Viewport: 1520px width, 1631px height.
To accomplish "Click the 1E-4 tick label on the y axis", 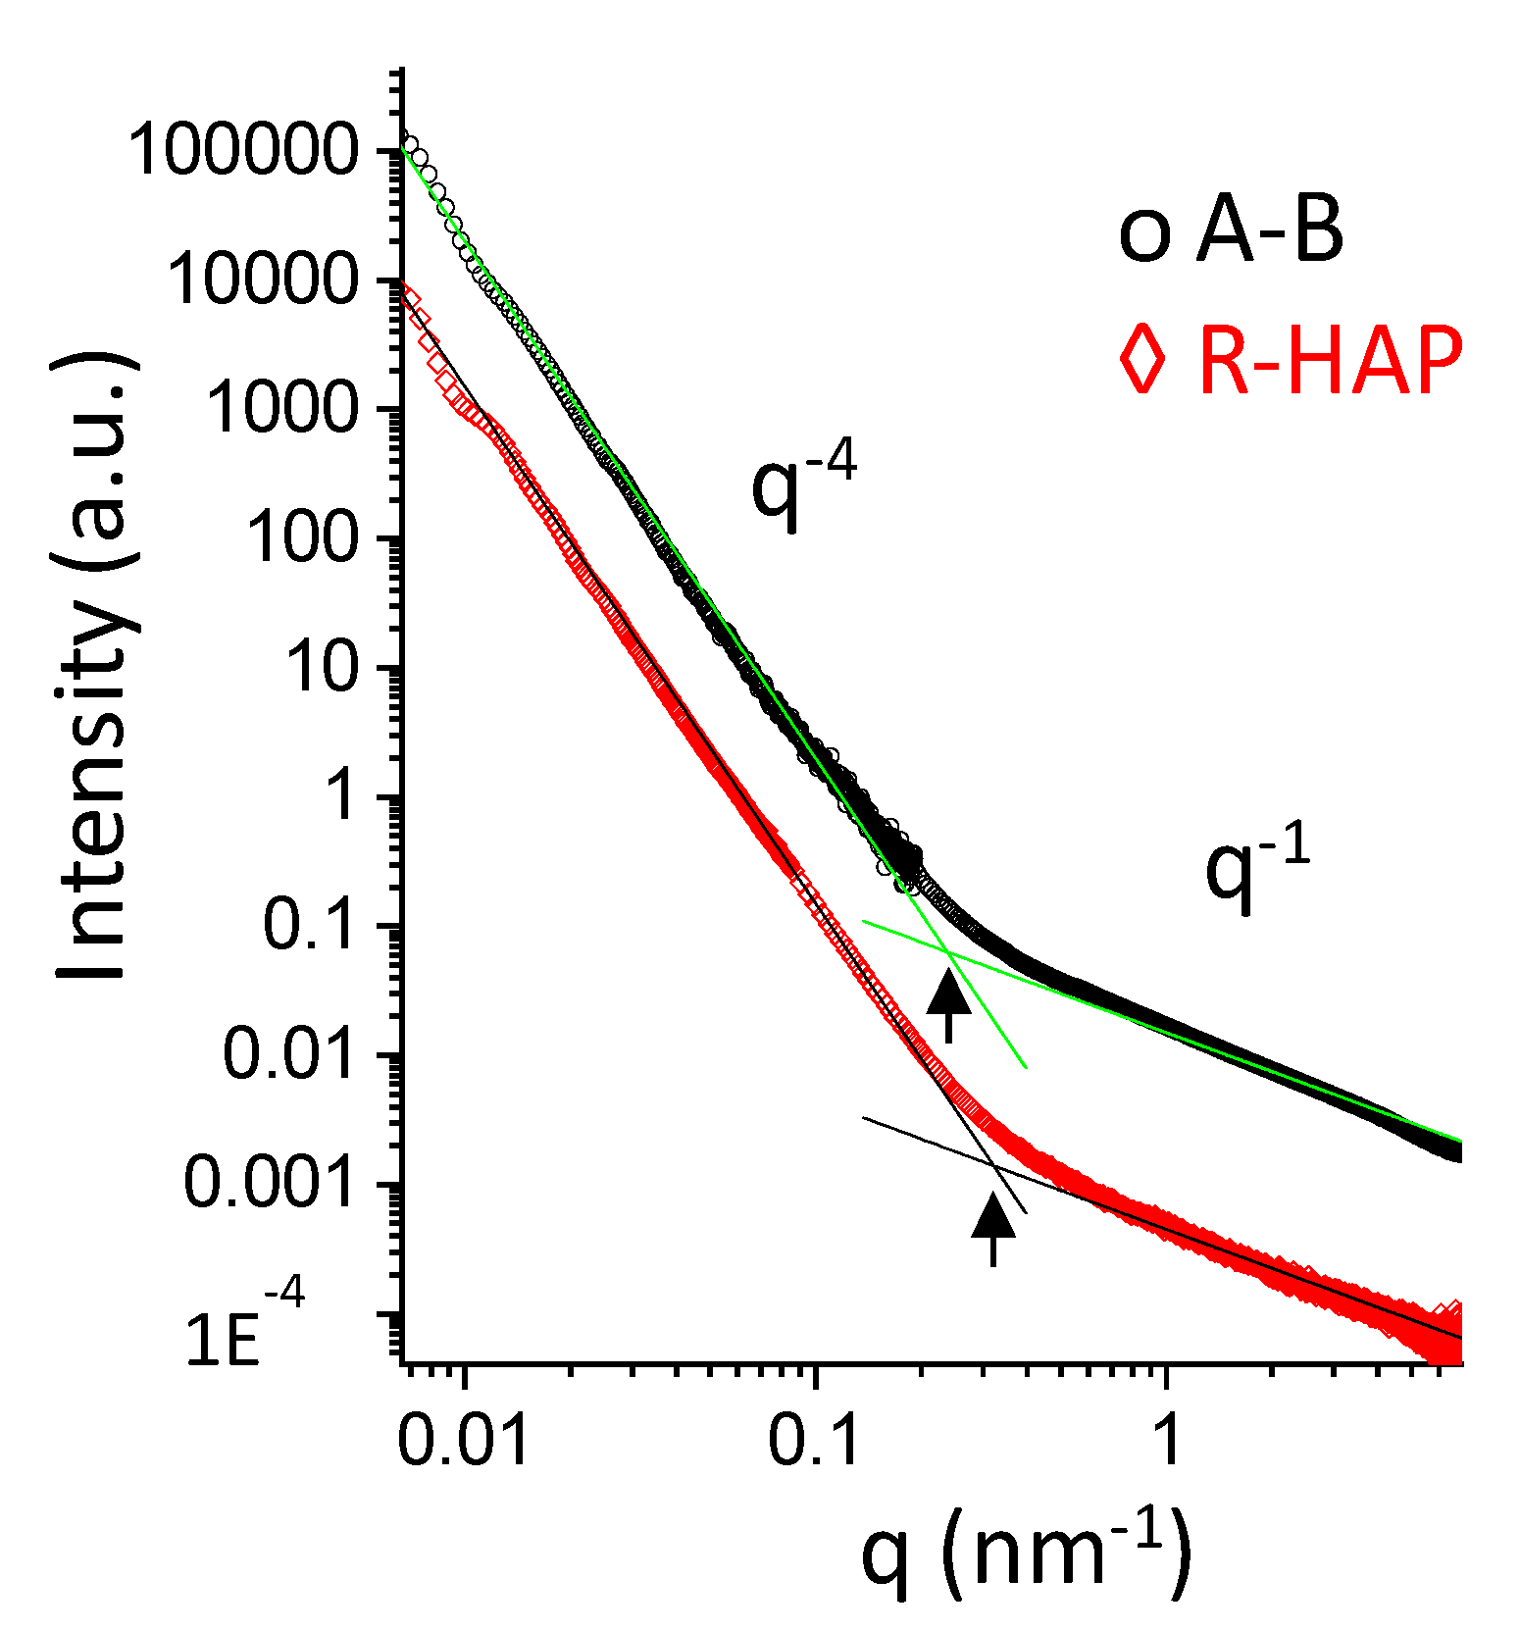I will click(x=245, y=1334).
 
